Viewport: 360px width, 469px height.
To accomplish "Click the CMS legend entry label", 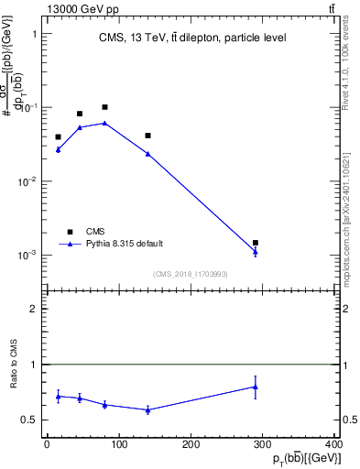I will click(95, 231).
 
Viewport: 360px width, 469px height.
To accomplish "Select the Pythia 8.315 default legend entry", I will click(124, 244).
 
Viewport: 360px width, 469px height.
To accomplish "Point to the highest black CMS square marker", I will click(105, 107).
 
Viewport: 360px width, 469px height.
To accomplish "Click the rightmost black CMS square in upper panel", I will click(256, 243).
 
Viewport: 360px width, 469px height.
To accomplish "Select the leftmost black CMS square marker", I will click(58, 137).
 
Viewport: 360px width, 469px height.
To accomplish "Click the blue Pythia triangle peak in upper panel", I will click(105, 123).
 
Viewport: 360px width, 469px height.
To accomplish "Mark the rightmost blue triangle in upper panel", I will click(256, 252).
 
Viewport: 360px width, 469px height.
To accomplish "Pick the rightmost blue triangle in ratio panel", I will click(256, 387).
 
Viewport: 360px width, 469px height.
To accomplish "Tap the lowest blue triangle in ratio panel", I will click(147, 409).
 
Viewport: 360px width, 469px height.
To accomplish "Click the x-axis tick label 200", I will click(191, 444).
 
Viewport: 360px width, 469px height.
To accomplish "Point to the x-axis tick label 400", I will click(334, 444).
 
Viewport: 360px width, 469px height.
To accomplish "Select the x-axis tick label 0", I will click(47, 444).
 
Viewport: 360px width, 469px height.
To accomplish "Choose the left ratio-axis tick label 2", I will click(34, 309).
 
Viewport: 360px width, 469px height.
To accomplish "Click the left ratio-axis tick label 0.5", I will click(29, 420).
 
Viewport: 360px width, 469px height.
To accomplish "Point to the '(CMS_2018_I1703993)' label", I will click(190, 274).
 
